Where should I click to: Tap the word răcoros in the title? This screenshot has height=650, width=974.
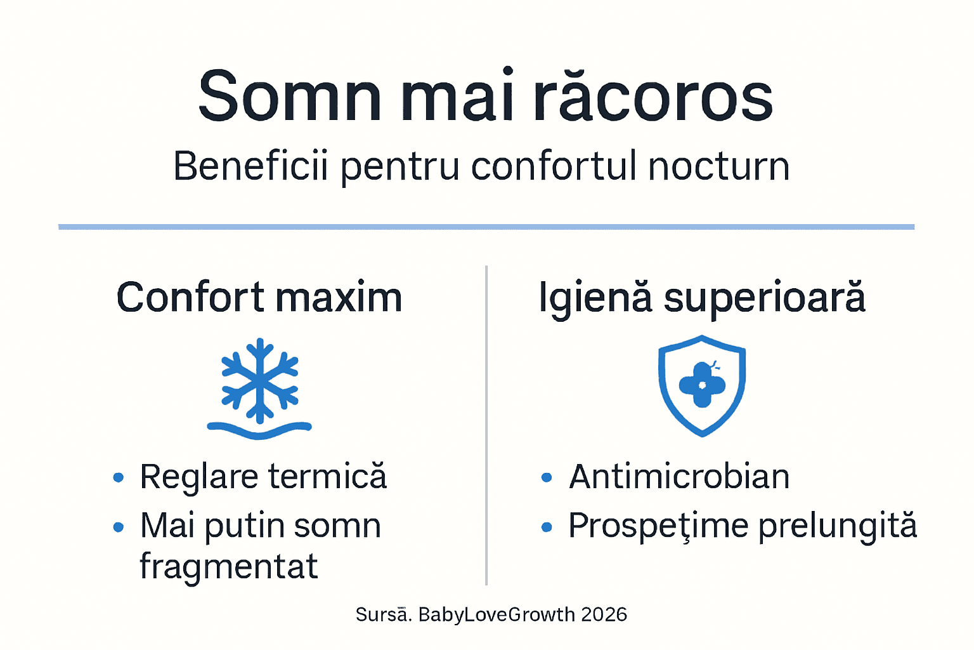653,96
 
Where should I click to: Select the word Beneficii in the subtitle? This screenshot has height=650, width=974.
250,166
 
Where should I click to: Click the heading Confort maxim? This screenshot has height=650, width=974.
259,297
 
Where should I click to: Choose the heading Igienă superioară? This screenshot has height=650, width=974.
701,297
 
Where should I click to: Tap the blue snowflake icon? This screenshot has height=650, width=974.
259,380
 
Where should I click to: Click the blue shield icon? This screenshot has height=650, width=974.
701,385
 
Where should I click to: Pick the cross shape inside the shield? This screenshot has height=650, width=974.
701,385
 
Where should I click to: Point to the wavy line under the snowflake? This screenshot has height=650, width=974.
259,430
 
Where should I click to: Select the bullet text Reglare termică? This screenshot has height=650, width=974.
263,477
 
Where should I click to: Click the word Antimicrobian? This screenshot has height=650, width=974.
679,477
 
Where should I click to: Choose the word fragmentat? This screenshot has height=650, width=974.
228,566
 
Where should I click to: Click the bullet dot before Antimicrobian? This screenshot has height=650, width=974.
547,477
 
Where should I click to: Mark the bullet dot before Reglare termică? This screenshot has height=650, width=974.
118,477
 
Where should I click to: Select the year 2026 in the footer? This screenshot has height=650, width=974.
604,614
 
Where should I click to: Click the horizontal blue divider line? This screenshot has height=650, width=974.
486,227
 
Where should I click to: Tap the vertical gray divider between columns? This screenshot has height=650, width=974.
486,425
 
